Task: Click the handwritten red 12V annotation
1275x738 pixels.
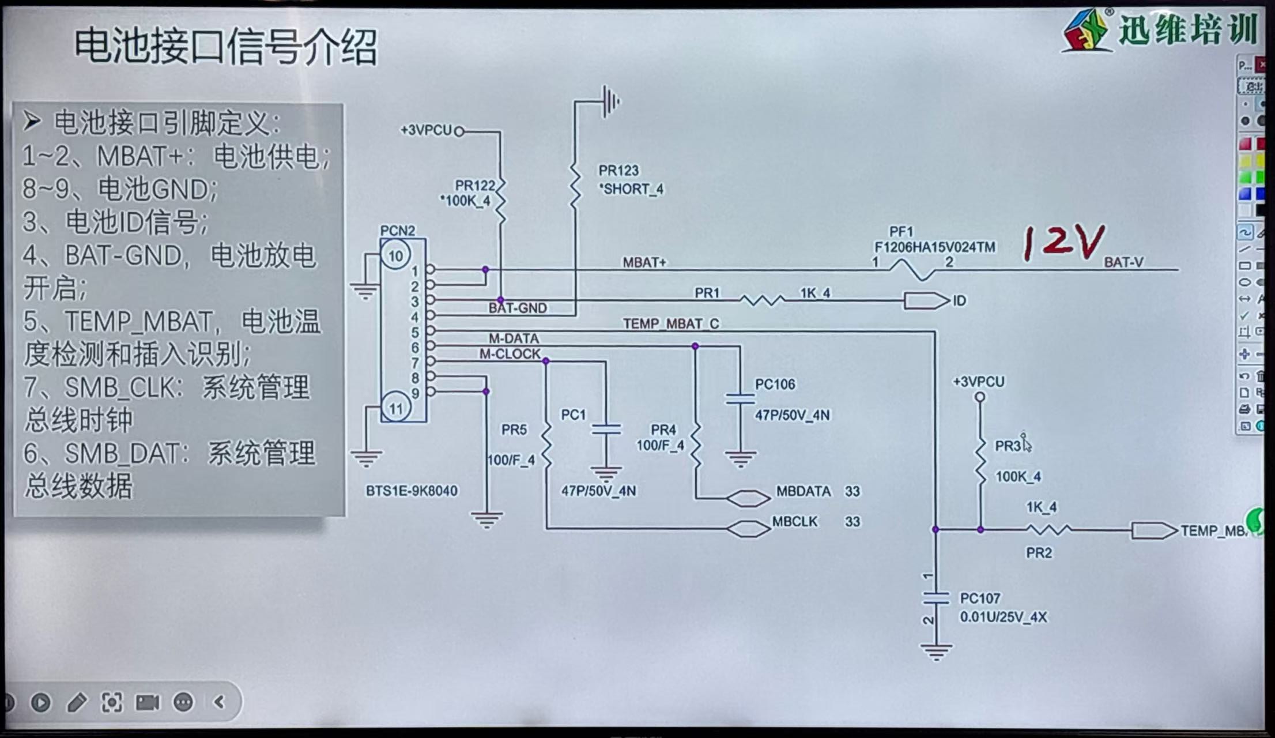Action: (x=1063, y=243)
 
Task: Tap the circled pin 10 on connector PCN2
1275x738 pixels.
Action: (x=395, y=255)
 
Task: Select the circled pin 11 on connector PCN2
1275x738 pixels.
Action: (x=395, y=408)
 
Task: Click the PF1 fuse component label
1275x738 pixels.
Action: (x=901, y=232)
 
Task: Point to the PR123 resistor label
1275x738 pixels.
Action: (x=618, y=171)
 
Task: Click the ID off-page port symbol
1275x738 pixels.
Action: (x=926, y=300)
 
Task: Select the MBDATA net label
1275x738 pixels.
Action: (x=803, y=491)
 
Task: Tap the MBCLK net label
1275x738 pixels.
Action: (x=794, y=521)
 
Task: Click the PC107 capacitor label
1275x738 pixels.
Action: (x=980, y=598)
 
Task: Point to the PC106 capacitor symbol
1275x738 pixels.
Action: (x=740, y=398)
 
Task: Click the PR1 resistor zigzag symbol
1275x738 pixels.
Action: (x=762, y=300)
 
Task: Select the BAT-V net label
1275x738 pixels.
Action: (x=1123, y=262)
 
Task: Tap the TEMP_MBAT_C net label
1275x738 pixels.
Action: (x=670, y=323)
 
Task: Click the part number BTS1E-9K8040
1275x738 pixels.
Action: (x=412, y=491)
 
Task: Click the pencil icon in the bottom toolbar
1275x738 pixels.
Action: (x=77, y=702)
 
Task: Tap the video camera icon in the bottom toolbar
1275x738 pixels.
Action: (x=147, y=702)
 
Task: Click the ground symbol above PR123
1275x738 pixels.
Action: (x=610, y=101)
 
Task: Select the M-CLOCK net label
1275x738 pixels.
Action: (x=510, y=354)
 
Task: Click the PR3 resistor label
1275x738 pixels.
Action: (x=1008, y=446)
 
